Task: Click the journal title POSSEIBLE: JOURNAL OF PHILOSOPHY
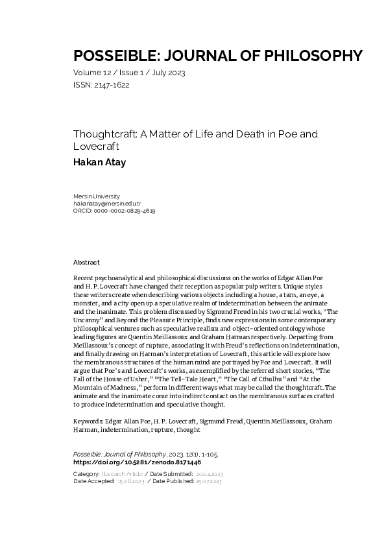click(217, 55)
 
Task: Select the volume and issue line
click(129, 73)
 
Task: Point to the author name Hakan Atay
click(99, 162)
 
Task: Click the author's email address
click(107, 204)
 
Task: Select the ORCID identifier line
click(114, 211)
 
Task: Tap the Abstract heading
click(87, 263)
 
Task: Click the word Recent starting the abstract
click(86, 278)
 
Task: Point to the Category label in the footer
click(87, 475)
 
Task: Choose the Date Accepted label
click(93, 482)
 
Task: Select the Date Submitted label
click(187, 475)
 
